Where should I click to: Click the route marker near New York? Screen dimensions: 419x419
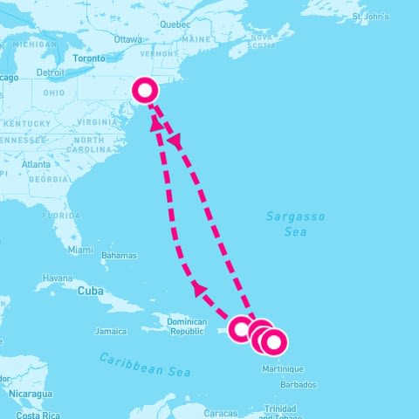(x=146, y=90)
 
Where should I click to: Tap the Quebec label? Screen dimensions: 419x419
(x=175, y=24)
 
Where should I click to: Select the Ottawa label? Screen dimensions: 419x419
(x=127, y=39)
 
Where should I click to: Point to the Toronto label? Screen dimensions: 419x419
(x=88, y=58)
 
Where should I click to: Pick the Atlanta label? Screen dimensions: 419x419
(x=36, y=163)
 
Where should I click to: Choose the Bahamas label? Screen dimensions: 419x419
(x=120, y=256)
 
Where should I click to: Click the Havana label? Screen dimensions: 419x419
(x=58, y=278)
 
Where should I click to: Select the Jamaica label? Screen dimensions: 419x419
(x=111, y=331)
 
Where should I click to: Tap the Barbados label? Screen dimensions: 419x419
(x=302, y=384)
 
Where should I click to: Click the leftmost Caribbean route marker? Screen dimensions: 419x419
(x=242, y=329)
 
